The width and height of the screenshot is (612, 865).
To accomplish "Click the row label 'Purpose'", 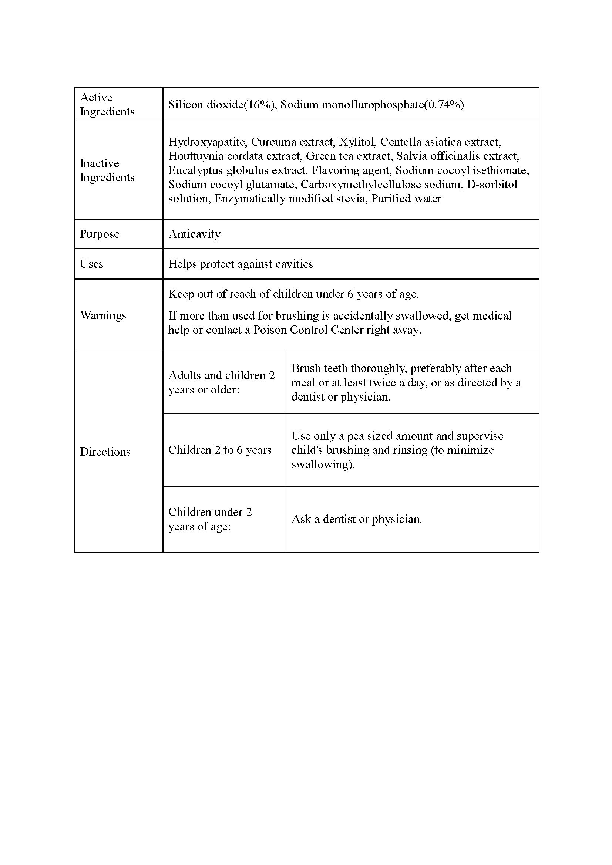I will [x=99, y=234].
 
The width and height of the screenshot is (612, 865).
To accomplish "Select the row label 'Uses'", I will [x=91, y=264].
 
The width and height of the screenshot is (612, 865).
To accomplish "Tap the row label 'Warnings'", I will [x=103, y=315].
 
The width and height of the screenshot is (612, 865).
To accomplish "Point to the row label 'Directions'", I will [x=105, y=451].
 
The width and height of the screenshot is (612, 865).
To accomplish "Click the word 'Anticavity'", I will [x=194, y=234].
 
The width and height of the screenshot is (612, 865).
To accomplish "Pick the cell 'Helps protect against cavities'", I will [x=241, y=264].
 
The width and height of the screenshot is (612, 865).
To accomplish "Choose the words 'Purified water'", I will [x=406, y=199].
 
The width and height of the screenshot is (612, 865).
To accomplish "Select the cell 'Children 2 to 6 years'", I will [x=220, y=450].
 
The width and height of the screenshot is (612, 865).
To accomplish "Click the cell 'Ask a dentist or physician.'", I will [x=356, y=519].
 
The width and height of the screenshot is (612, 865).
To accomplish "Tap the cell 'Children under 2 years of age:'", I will [x=210, y=519].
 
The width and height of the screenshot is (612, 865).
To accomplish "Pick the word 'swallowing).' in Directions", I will [x=323, y=464].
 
